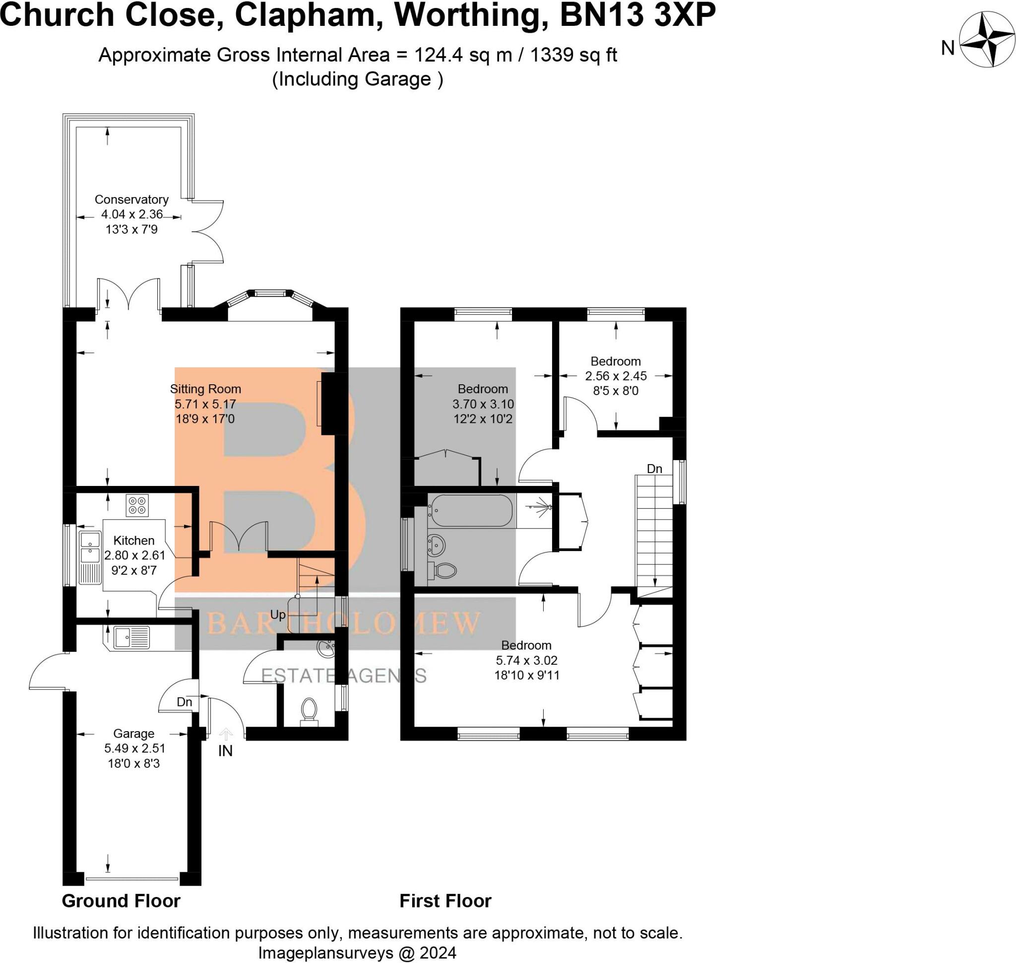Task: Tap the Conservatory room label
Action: point(131,200)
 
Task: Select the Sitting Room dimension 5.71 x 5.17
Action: point(205,404)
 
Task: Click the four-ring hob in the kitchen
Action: point(137,505)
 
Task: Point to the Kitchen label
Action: point(133,541)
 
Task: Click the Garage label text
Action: point(133,734)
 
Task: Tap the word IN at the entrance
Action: point(225,751)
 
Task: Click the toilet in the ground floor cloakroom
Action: point(309,710)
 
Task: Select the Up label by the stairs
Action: point(278,615)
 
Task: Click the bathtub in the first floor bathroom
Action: point(471,511)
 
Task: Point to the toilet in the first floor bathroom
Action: point(445,570)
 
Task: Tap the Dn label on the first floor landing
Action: point(654,469)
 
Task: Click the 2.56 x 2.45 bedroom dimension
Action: point(616,376)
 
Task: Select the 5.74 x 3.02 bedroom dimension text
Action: point(526,661)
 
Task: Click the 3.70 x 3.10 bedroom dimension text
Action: point(483,404)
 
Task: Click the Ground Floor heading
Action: point(121,901)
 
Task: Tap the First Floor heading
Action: point(445,901)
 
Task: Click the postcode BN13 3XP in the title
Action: point(637,15)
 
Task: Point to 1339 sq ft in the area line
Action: point(573,55)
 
